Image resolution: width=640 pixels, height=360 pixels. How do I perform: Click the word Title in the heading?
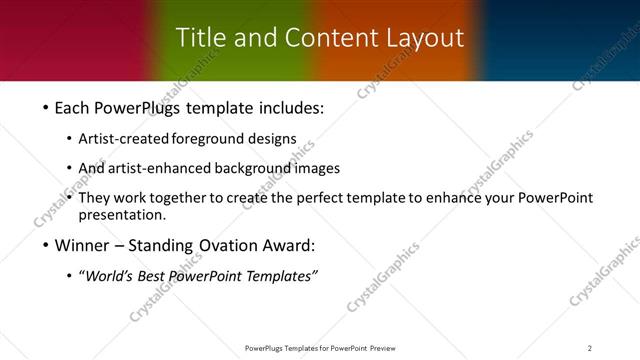(199, 37)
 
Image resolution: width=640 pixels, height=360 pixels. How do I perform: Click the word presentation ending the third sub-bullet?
(121, 215)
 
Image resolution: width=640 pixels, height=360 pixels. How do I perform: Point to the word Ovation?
(239, 245)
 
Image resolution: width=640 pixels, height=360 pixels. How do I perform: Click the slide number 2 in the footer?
(590, 348)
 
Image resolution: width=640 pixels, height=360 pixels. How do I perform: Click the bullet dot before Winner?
(47, 246)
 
